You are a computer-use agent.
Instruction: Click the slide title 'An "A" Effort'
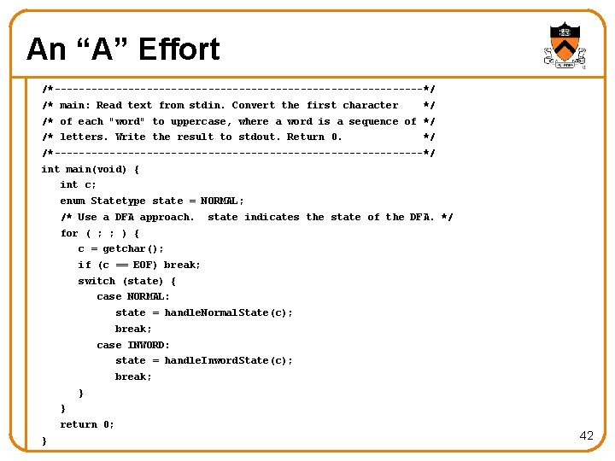(x=123, y=50)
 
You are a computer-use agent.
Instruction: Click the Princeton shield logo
(x=564, y=45)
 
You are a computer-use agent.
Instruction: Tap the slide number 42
(x=586, y=435)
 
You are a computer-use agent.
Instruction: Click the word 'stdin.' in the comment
(x=208, y=105)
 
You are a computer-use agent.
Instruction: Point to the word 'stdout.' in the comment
(x=259, y=137)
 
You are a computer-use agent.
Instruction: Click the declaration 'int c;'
(x=78, y=184)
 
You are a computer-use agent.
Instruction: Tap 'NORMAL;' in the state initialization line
(x=222, y=201)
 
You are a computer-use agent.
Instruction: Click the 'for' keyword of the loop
(x=69, y=233)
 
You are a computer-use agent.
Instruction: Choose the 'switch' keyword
(x=97, y=281)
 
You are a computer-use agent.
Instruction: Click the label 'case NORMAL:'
(x=133, y=296)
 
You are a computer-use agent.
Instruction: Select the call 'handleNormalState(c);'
(x=228, y=312)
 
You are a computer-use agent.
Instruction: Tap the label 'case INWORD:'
(x=133, y=345)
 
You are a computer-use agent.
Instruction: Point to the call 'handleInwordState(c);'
(x=228, y=360)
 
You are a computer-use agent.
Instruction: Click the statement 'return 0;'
(x=87, y=424)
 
